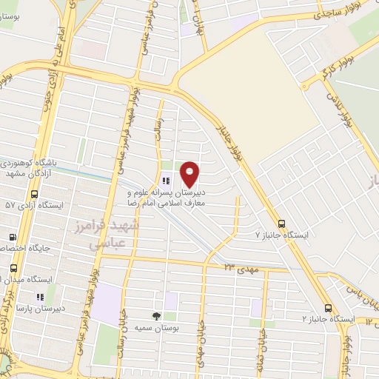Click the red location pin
click(x=190, y=174)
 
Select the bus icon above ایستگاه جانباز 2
click(x=328, y=308)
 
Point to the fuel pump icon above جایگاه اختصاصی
click(x=12, y=238)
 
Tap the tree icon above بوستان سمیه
click(x=155, y=315)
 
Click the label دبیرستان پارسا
click(x=35, y=307)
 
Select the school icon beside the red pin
click(x=166, y=180)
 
